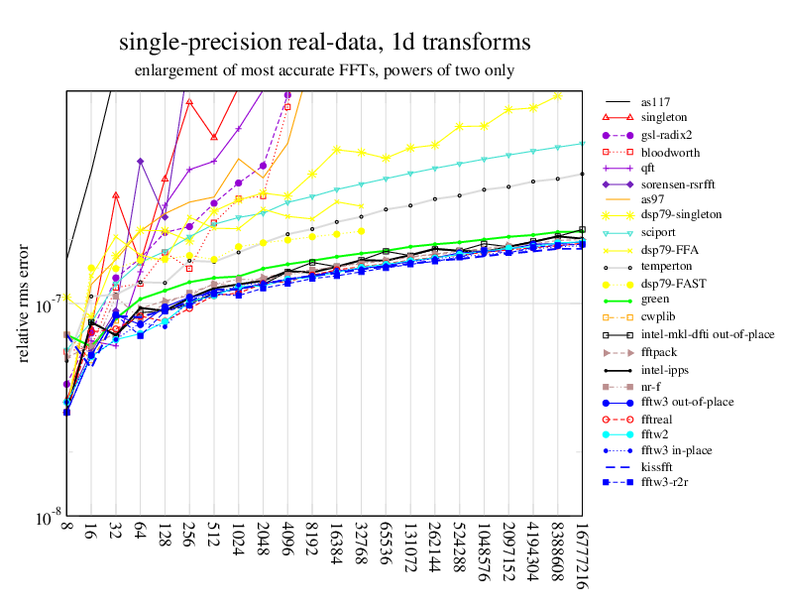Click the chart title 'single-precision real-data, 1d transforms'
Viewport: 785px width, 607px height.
point(324,43)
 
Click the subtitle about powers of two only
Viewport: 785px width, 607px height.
point(324,70)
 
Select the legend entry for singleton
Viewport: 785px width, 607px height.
point(663,119)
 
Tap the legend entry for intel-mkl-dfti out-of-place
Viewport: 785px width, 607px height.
point(708,334)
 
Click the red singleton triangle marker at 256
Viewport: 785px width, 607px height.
point(189,101)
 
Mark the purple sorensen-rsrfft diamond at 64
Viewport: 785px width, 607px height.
point(141,162)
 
